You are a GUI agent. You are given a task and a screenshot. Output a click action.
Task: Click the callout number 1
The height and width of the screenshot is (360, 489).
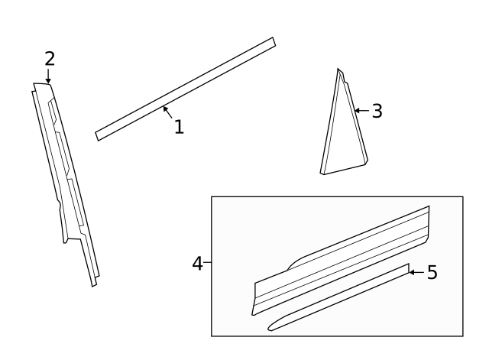coord(179,127)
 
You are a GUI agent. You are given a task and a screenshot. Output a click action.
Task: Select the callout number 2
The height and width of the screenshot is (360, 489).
coord(50,58)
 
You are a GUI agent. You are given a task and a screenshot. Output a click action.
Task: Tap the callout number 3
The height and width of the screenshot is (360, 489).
coord(376,111)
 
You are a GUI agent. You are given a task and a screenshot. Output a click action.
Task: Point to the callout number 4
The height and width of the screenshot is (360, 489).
coord(197,264)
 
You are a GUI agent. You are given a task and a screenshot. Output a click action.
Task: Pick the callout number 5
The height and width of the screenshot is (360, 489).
coord(432,272)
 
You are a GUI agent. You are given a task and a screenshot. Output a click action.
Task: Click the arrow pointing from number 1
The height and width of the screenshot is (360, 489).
coord(167,112)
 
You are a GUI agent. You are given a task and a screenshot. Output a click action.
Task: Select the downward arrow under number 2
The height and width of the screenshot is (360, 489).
coord(48,76)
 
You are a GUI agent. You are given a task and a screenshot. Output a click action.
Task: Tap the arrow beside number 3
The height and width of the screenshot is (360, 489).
coord(361,111)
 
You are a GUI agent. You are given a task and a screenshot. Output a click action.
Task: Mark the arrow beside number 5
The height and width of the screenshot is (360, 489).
coord(416,272)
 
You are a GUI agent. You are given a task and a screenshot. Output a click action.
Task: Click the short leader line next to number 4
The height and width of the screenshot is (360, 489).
coord(208,264)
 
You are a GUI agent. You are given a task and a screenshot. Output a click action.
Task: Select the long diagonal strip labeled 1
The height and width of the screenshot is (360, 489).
coord(185,89)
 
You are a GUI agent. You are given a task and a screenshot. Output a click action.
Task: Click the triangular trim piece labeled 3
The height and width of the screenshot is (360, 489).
coord(342,134)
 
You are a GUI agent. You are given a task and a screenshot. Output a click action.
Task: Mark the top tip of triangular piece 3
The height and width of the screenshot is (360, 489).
coord(338,70)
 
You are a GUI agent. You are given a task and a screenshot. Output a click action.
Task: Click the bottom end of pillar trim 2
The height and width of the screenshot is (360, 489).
coord(94,283)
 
